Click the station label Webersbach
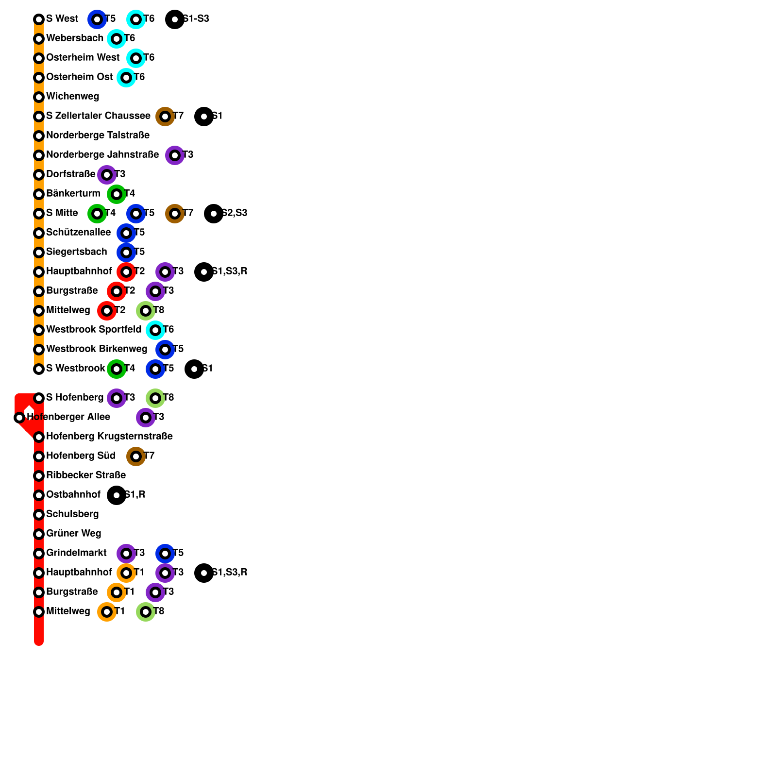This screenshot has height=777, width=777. [74, 38]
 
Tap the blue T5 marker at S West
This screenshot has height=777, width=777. [97, 19]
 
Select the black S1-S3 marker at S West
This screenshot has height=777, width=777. [175, 19]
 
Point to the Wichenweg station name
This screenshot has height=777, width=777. [72, 97]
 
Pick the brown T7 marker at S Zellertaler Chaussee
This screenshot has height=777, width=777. [165, 117]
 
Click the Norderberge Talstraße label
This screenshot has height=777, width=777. [98, 135]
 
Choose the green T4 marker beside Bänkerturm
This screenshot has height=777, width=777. [117, 194]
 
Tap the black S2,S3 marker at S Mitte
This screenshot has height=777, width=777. [214, 214]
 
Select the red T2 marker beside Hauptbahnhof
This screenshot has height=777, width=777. [126, 272]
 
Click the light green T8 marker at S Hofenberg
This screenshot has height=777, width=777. [155, 398]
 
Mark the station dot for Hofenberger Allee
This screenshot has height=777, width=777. [19, 418]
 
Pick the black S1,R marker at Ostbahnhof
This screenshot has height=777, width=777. [117, 495]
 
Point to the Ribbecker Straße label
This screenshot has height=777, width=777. [86, 475]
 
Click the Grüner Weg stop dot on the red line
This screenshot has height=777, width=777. [39, 534]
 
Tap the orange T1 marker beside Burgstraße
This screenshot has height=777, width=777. [117, 592]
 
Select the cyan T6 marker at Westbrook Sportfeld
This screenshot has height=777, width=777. [155, 330]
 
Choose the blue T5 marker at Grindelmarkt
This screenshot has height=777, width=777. [165, 554]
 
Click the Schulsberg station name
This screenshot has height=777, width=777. [72, 514]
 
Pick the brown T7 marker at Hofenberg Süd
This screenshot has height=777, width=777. [136, 456]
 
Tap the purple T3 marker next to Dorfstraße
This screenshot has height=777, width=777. [107, 175]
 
